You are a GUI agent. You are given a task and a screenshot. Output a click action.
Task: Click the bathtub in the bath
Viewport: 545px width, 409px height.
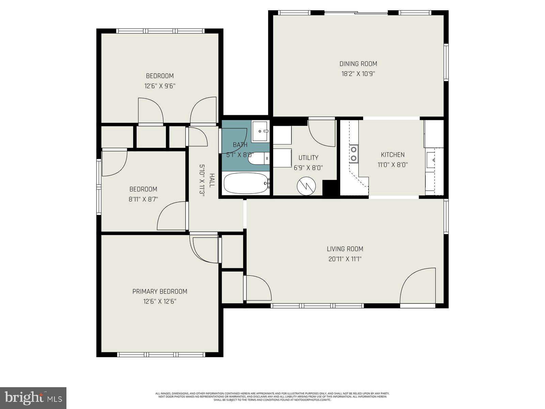coord(246,184)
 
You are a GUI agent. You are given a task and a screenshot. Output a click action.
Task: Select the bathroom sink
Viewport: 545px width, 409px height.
coord(261,131)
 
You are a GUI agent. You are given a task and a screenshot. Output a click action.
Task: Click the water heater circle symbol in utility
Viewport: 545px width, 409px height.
coord(306,186)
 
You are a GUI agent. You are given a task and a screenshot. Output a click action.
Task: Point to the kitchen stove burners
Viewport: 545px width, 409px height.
coord(354,154)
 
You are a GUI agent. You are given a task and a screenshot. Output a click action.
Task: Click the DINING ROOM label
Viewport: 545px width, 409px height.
coord(358,64)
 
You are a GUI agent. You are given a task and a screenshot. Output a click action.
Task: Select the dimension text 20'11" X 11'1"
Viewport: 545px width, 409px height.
coord(345,259)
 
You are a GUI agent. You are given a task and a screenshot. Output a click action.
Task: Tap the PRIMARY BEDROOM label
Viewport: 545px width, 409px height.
coord(159,291)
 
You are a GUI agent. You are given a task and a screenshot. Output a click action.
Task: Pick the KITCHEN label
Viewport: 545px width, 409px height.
coord(392,155)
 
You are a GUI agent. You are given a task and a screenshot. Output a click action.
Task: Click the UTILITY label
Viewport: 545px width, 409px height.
coord(308,158)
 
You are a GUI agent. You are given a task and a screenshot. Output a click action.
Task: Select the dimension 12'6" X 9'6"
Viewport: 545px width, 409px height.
coord(159,86)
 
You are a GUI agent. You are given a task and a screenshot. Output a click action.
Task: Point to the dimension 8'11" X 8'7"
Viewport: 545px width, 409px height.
coord(143,199)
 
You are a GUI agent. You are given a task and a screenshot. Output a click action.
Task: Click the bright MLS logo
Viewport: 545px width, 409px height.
coord(33,397)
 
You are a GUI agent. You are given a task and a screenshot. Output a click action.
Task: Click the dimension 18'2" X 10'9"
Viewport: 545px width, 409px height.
coord(358,74)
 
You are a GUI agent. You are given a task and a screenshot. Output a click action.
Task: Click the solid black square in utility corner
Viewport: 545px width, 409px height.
coord(329,188)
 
